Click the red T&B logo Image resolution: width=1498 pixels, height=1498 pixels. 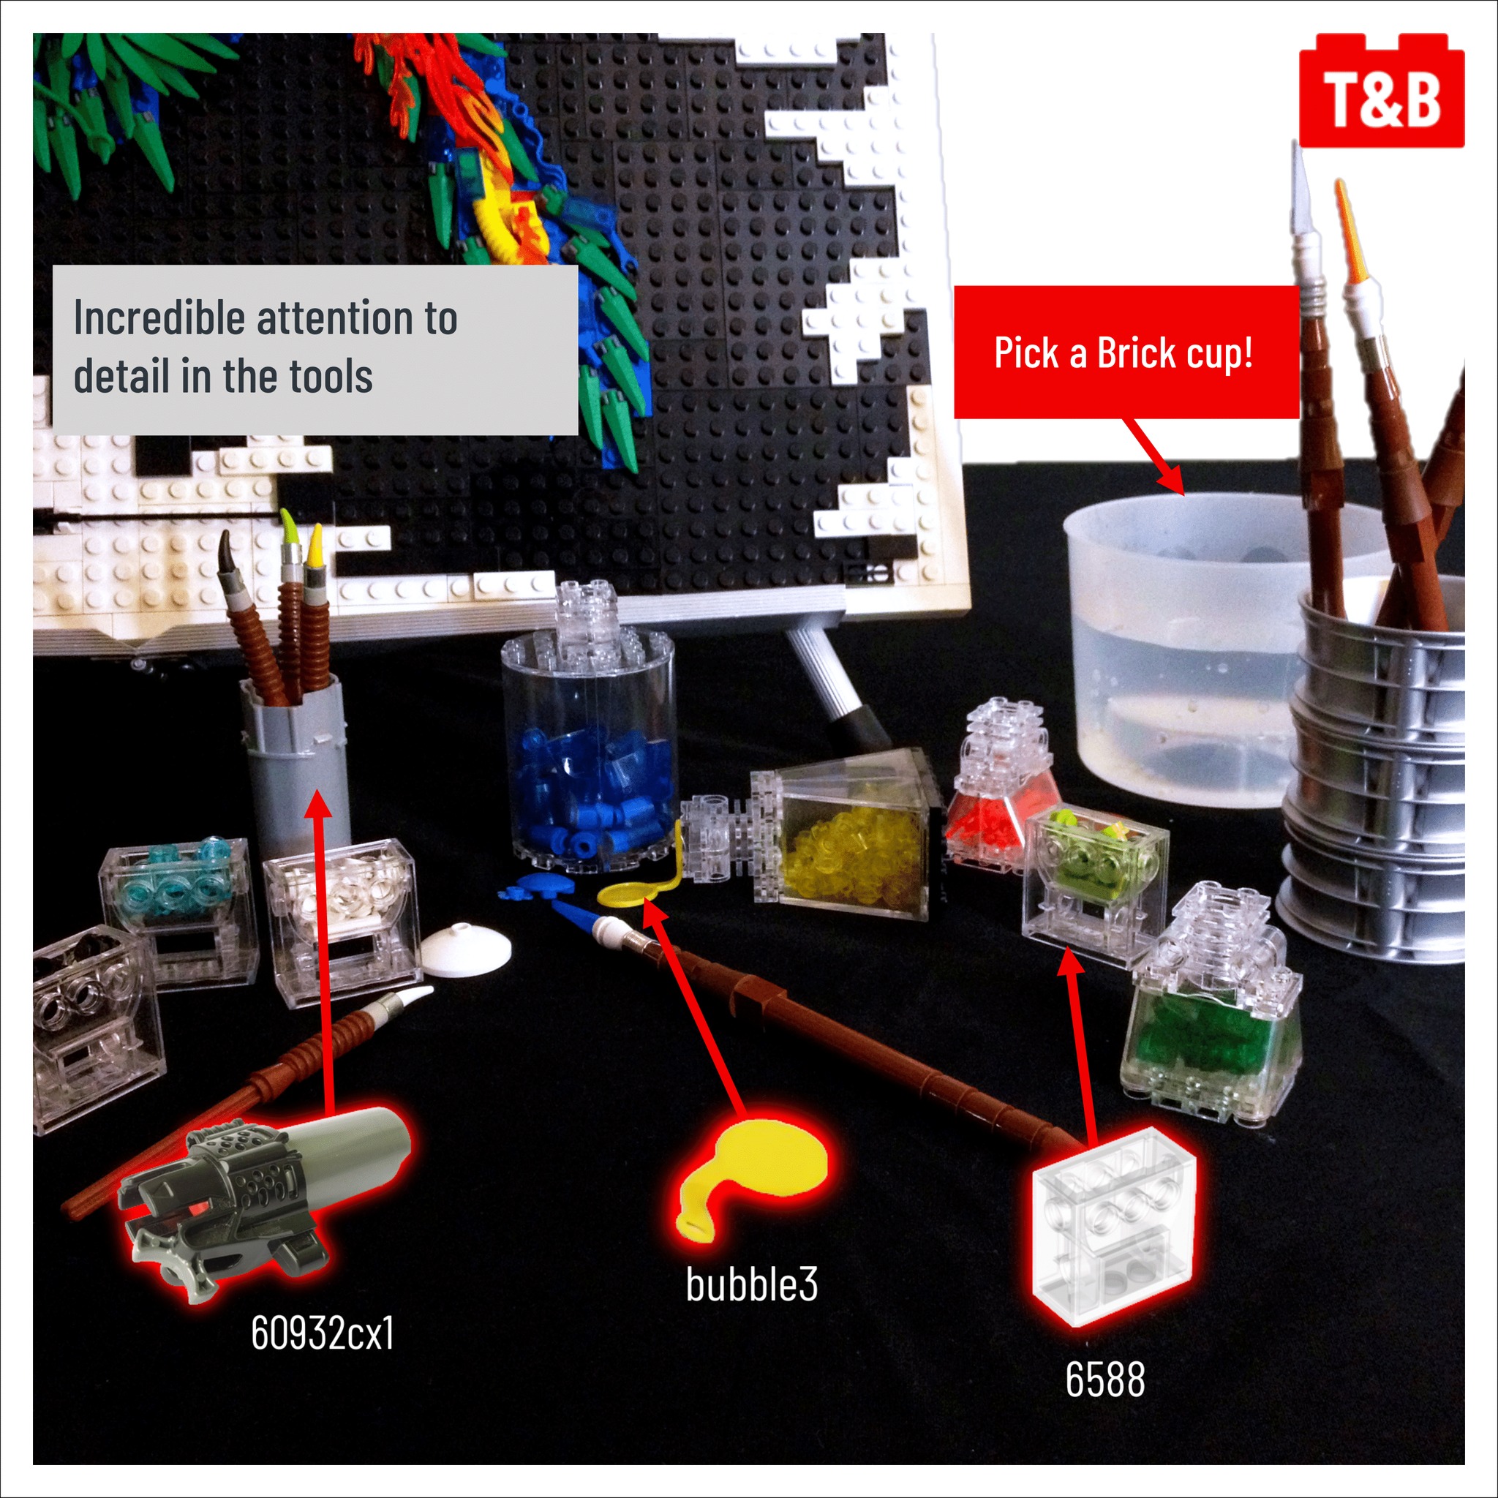(x=1381, y=91)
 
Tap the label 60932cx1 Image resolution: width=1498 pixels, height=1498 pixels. (x=322, y=1333)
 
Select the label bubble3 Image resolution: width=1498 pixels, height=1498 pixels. (x=750, y=1284)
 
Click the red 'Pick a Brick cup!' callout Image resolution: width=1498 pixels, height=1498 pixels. (x=1124, y=353)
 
